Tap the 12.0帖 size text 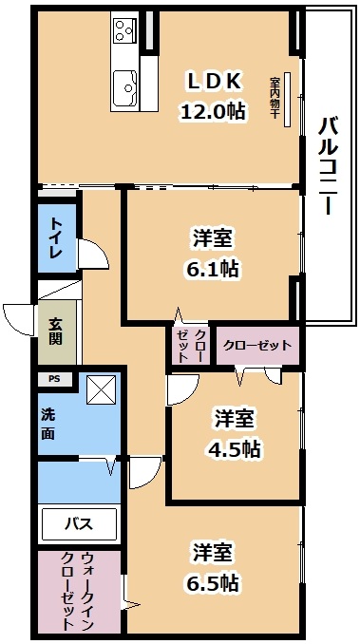(x=213, y=110)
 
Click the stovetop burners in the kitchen (x=124, y=31)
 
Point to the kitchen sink (x=123, y=89)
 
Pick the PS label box (x=53, y=378)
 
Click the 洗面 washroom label (x=48, y=424)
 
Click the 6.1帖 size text (x=213, y=269)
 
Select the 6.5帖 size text (x=214, y=582)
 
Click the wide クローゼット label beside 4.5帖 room (x=257, y=345)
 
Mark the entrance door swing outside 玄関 (x=19, y=318)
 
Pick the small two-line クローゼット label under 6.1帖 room (x=191, y=344)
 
